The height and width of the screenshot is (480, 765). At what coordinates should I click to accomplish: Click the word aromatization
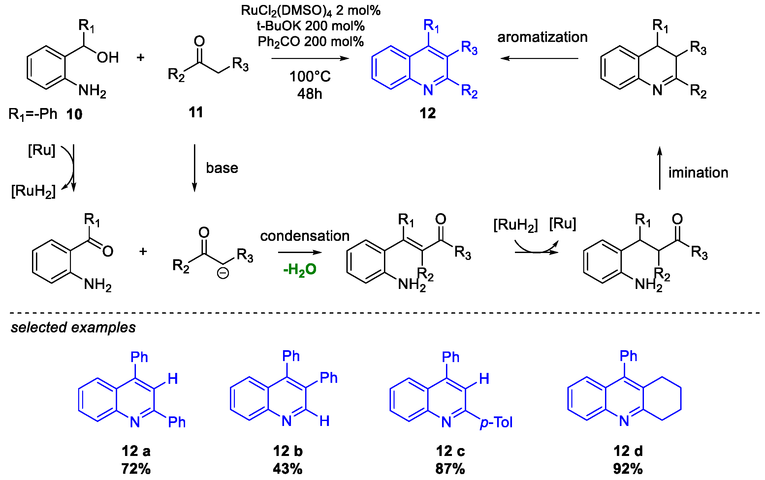pyautogui.click(x=542, y=37)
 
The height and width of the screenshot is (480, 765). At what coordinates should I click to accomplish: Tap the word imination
pyautogui.click(x=698, y=173)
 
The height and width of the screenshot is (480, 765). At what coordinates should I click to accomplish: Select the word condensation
pyautogui.click(x=304, y=236)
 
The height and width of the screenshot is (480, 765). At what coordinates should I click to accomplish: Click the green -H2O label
pyautogui.click(x=300, y=270)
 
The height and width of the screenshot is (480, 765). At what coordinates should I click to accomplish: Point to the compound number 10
pyautogui.click(x=74, y=115)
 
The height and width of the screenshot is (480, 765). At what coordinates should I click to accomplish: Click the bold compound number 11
pyautogui.click(x=196, y=113)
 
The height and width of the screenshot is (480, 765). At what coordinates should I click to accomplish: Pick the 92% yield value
pyautogui.click(x=628, y=469)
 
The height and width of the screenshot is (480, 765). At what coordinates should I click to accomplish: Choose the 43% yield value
pyautogui.click(x=288, y=469)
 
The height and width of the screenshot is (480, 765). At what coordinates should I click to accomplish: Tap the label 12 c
pyautogui.click(x=450, y=451)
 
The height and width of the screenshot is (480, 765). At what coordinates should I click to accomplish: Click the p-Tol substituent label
pyautogui.click(x=496, y=423)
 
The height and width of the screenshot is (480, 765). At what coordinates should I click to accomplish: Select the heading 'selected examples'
pyautogui.click(x=73, y=327)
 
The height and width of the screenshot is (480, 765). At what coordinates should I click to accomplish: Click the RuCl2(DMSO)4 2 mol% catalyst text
pyautogui.click(x=311, y=11)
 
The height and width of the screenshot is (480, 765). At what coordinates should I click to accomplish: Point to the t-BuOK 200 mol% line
pyautogui.click(x=311, y=26)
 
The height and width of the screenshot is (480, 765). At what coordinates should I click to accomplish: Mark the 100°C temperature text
pyautogui.click(x=310, y=77)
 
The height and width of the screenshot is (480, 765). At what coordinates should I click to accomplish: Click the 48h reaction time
pyautogui.click(x=309, y=94)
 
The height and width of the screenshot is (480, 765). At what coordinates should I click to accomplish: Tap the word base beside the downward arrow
pyautogui.click(x=222, y=168)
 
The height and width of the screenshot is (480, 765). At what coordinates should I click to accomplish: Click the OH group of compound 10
pyautogui.click(x=108, y=58)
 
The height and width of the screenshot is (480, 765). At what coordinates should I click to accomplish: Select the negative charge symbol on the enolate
pyautogui.click(x=223, y=273)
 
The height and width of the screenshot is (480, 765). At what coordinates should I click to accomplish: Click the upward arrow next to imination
pyautogui.click(x=660, y=168)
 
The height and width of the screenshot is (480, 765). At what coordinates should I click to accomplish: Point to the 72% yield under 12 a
pyautogui.click(x=136, y=469)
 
